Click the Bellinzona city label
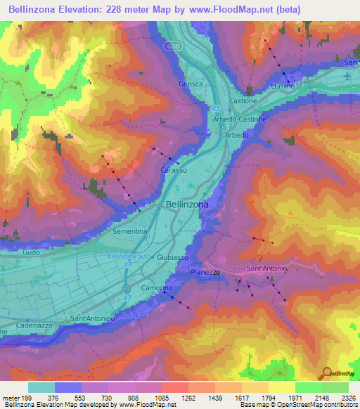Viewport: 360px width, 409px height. pos(186,204)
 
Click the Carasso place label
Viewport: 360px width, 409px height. pos(174,171)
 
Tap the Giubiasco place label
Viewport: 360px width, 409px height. pos(172,258)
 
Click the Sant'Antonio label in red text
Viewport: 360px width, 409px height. pos(266,269)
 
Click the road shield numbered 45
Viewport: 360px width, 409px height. pos(216,108)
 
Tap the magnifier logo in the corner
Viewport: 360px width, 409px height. pos(326,372)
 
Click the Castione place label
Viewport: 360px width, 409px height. pos(243,101)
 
